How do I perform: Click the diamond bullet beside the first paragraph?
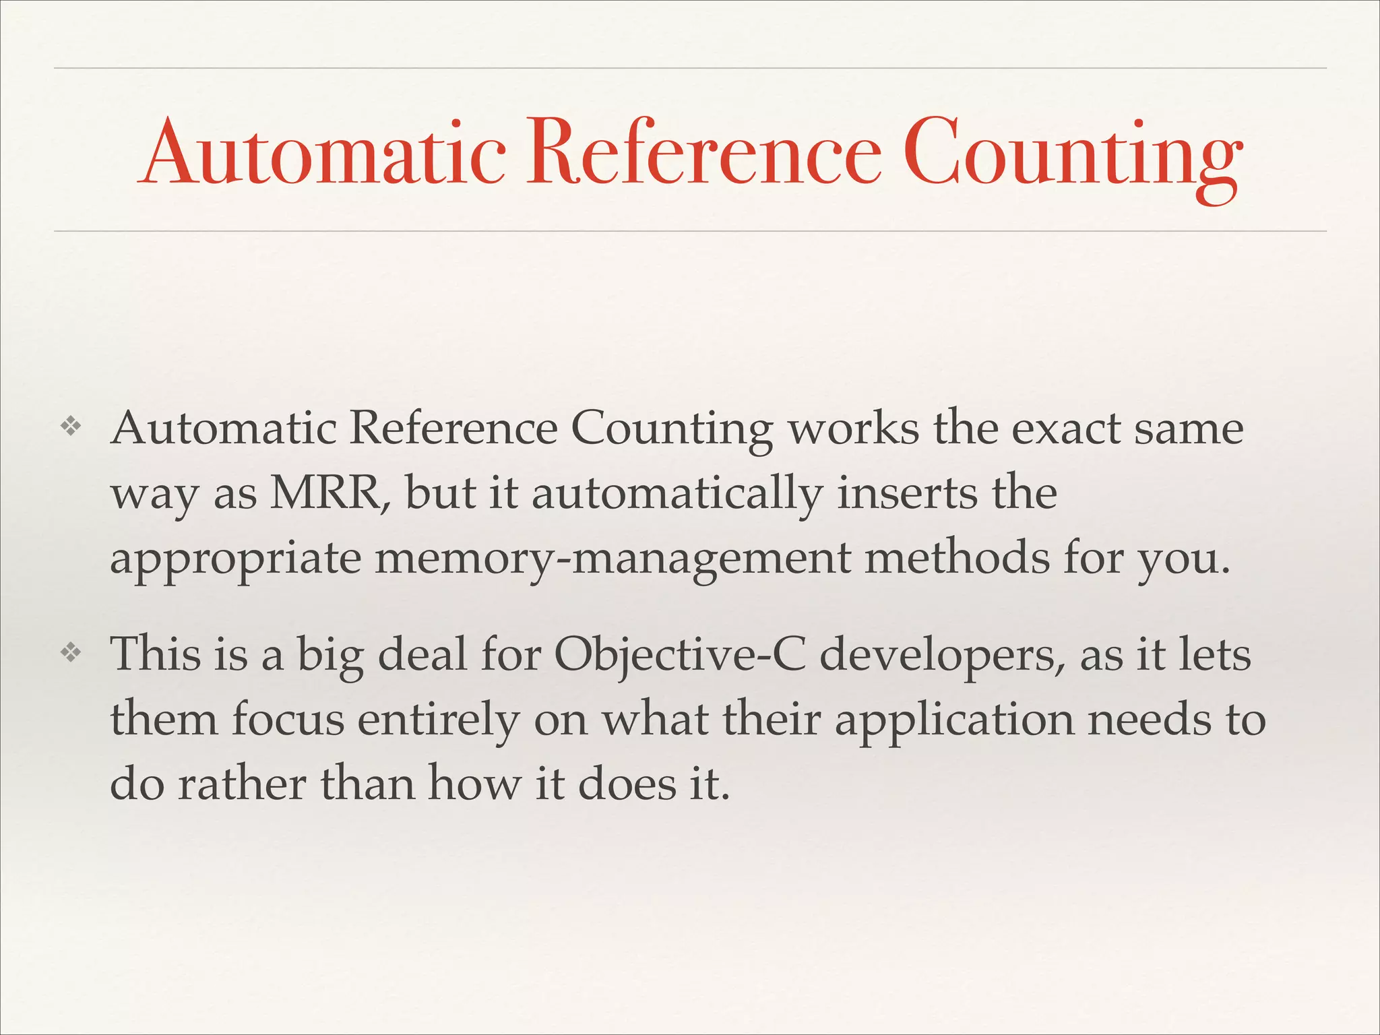70,426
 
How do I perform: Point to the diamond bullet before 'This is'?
70,652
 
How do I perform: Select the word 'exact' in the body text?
1065,429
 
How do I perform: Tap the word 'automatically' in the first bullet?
677,495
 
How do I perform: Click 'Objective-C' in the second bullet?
680,655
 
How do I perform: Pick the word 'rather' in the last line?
242,784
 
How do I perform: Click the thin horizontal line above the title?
690,68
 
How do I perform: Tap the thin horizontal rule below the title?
690,231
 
